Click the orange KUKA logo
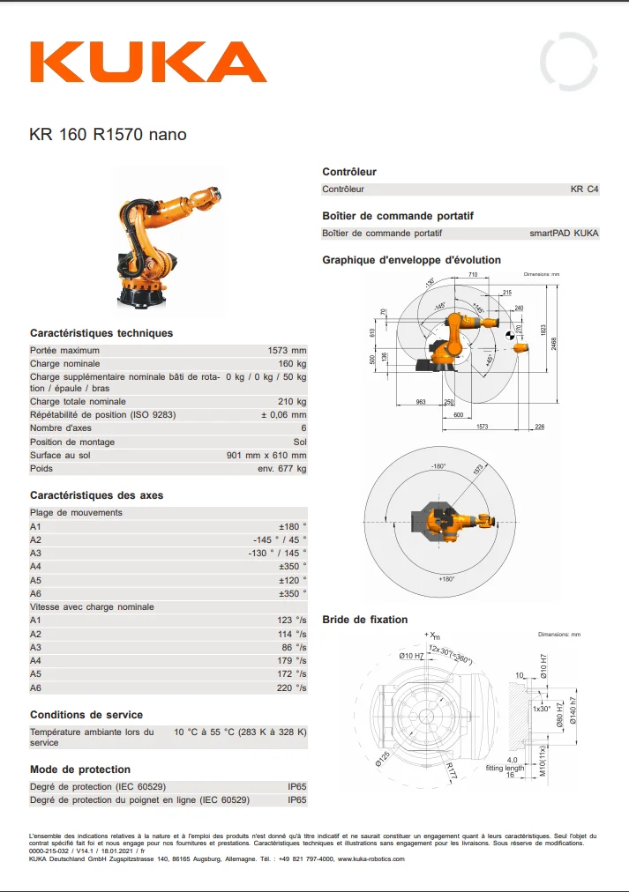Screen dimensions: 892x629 click(x=148, y=63)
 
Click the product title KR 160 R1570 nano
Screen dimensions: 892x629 click(x=108, y=135)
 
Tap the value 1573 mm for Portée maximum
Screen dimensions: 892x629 click(x=287, y=350)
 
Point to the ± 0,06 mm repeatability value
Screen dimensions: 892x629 click(x=283, y=414)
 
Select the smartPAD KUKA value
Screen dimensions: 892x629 click(x=564, y=234)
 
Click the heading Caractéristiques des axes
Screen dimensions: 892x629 click(x=97, y=495)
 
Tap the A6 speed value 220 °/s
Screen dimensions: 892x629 click(x=292, y=688)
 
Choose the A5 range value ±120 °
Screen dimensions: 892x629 click(x=292, y=580)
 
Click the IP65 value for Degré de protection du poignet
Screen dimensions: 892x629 click(x=297, y=800)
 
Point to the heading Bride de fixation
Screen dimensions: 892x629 click(x=365, y=620)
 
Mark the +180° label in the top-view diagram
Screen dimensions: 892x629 click(x=449, y=579)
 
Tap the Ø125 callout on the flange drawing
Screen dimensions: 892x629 click(x=382, y=758)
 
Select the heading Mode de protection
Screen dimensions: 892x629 click(x=80, y=769)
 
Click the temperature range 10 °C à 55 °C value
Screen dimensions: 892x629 click(x=240, y=732)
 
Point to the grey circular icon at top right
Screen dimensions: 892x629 click(x=569, y=62)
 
